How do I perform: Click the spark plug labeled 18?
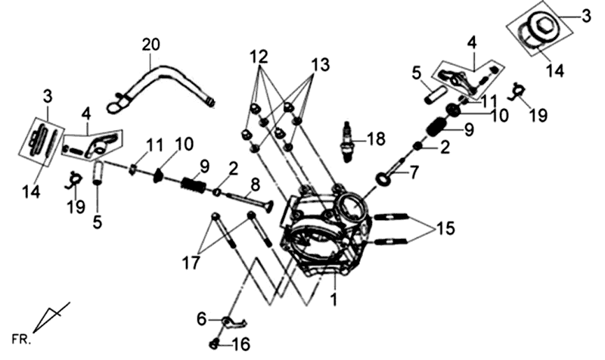[347, 141]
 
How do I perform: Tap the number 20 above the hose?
[150, 45]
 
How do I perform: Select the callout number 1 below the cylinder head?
[334, 299]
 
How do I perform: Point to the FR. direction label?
[21, 340]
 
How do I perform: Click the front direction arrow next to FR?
[51, 317]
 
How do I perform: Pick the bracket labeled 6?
[234, 321]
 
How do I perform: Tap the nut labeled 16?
[215, 343]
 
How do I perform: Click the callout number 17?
[191, 262]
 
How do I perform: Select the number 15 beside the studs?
[445, 228]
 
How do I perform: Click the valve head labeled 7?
[385, 178]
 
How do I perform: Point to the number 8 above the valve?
[255, 185]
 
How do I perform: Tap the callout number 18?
[376, 139]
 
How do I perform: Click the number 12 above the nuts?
[259, 57]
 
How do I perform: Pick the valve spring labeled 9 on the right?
[437, 127]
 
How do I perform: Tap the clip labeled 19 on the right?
[517, 91]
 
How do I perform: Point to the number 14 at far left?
[31, 192]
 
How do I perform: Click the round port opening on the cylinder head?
[351, 206]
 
